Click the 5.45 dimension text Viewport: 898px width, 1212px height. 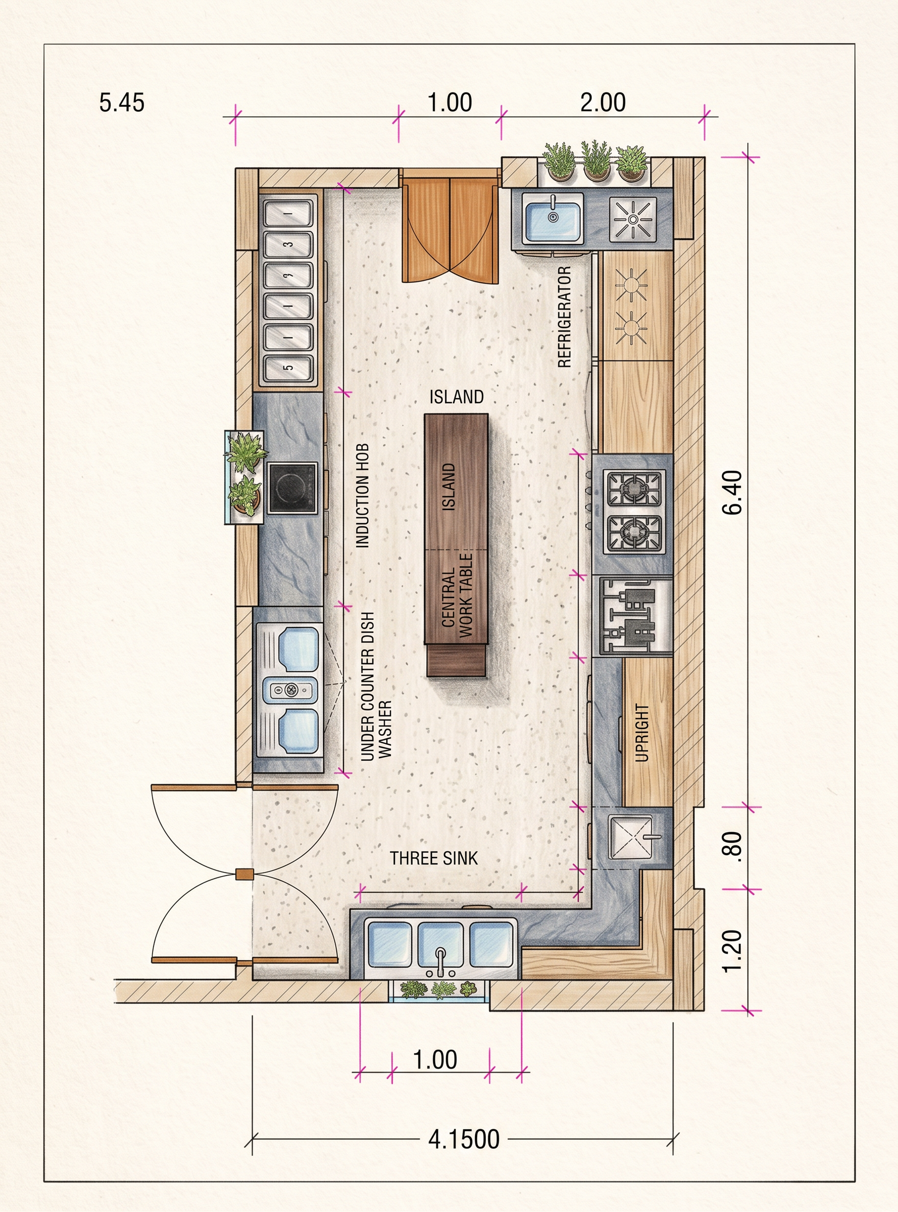coord(122,103)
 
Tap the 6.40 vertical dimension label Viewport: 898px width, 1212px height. coord(733,492)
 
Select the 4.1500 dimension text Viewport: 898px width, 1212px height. coord(464,1139)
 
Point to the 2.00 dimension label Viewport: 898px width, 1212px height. coord(603,102)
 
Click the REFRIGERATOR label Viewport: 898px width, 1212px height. coord(565,317)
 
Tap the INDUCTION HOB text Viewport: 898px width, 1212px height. coord(362,495)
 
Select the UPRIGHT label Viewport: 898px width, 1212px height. coord(642,733)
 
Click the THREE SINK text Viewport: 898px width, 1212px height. coord(434,858)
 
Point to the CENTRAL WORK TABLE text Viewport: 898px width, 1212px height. coord(457,596)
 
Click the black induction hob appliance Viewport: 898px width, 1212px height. coord(292,488)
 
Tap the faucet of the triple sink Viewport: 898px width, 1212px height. coord(440,961)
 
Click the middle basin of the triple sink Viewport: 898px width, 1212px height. coord(440,944)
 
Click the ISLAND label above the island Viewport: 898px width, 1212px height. coord(457,397)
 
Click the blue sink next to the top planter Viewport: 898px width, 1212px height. coord(553,218)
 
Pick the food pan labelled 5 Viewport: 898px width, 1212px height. coord(289,368)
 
